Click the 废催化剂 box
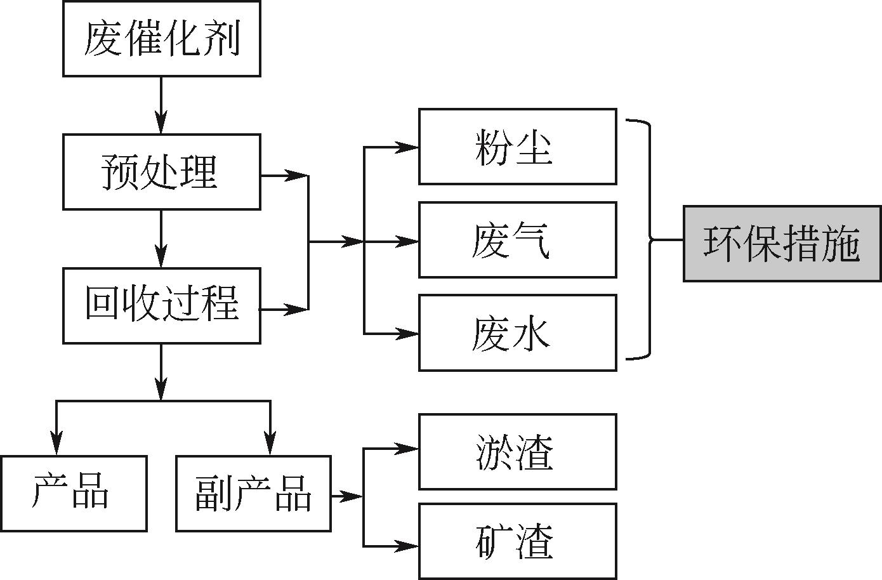(161, 39)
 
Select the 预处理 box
(161, 172)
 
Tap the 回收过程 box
(161, 305)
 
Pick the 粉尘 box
(517, 147)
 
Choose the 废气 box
(517, 240)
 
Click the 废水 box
(517, 333)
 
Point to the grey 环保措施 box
(782, 244)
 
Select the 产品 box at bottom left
(73, 493)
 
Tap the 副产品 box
(253, 493)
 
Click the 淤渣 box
(517, 452)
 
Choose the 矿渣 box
(517, 541)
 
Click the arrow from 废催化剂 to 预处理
(161, 105)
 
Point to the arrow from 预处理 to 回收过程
(161, 239)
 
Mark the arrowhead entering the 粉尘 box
(407, 147)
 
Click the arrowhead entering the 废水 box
(407, 333)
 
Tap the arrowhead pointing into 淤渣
(407, 449)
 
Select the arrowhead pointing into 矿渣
(407, 545)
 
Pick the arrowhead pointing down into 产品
(57, 444)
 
